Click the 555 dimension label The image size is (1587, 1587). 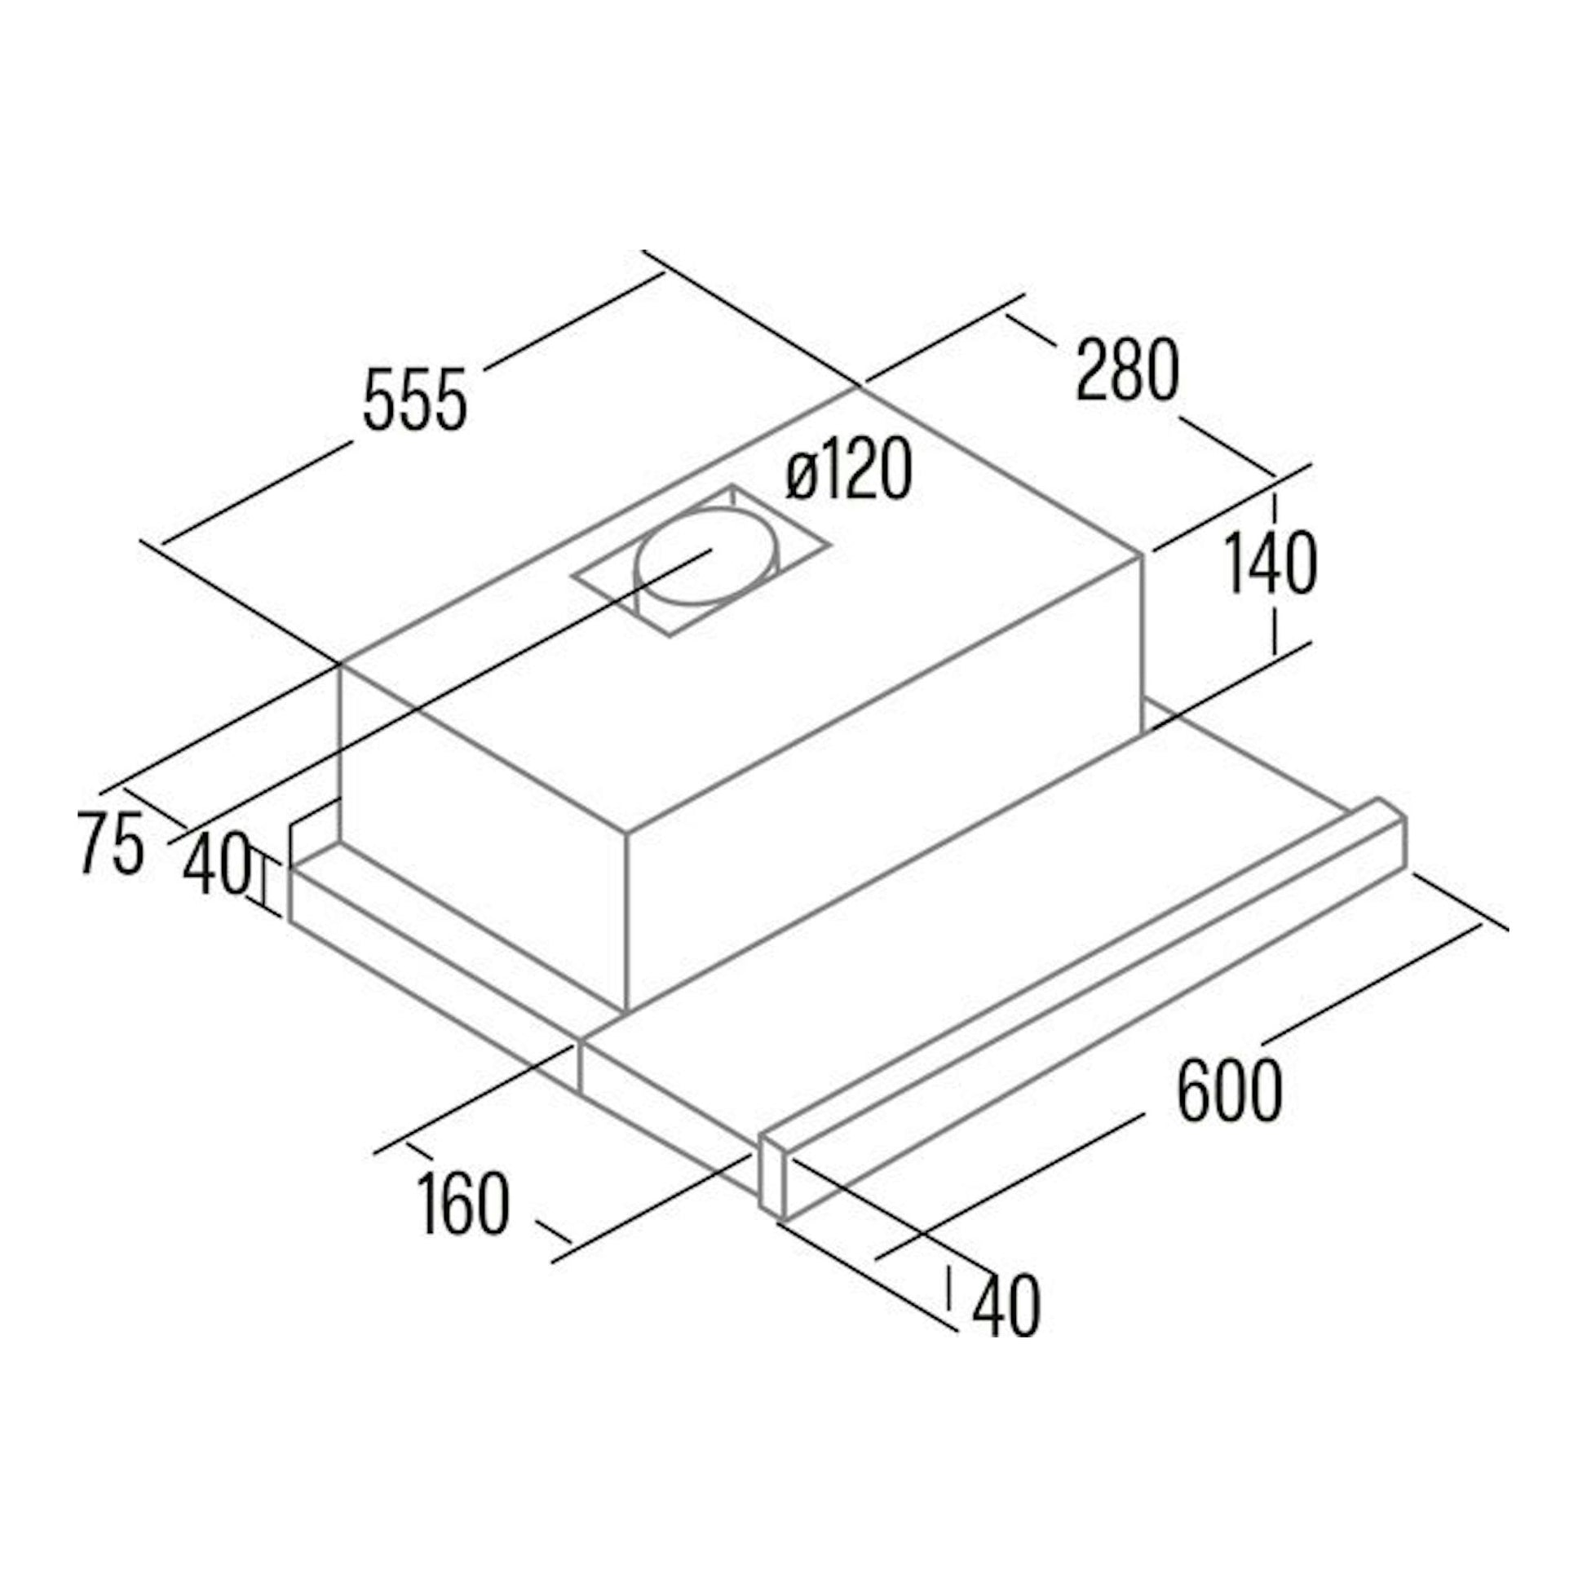point(415,400)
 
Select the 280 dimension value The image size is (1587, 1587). point(1128,371)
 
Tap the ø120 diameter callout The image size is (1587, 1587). point(848,469)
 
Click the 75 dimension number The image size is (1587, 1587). point(110,842)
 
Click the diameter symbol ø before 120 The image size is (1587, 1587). point(800,478)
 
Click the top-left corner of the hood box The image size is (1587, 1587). point(340,662)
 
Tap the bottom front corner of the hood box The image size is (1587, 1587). point(626,1010)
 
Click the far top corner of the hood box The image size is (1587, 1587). point(860,386)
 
